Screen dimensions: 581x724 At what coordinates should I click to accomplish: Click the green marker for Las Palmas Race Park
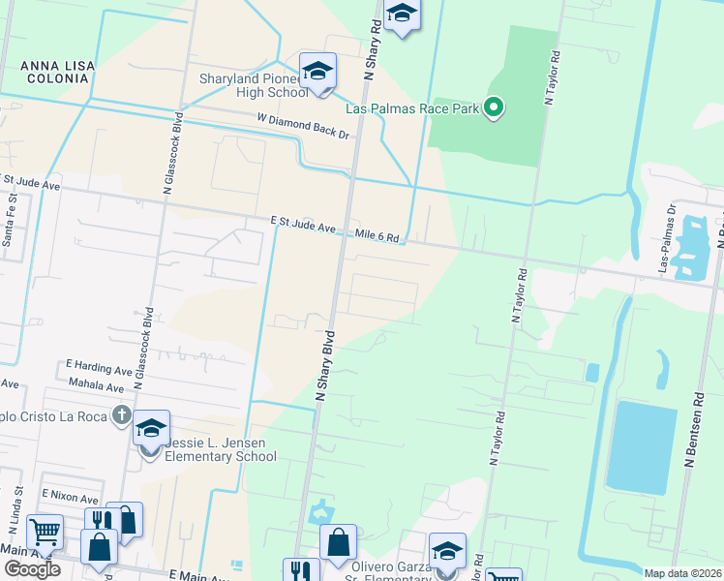[494, 107]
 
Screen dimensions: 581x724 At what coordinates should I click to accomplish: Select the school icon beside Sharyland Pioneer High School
[317, 72]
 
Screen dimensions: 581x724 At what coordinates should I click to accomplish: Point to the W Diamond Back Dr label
[302, 126]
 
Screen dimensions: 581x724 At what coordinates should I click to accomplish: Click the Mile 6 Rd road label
[377, 235]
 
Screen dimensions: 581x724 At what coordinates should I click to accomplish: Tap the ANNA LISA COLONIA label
[58, 73]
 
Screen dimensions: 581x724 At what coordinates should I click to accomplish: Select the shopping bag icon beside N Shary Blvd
[338, 544]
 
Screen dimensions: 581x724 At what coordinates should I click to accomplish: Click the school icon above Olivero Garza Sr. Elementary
[447, 551]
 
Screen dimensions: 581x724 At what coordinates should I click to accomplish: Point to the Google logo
[32, 569]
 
